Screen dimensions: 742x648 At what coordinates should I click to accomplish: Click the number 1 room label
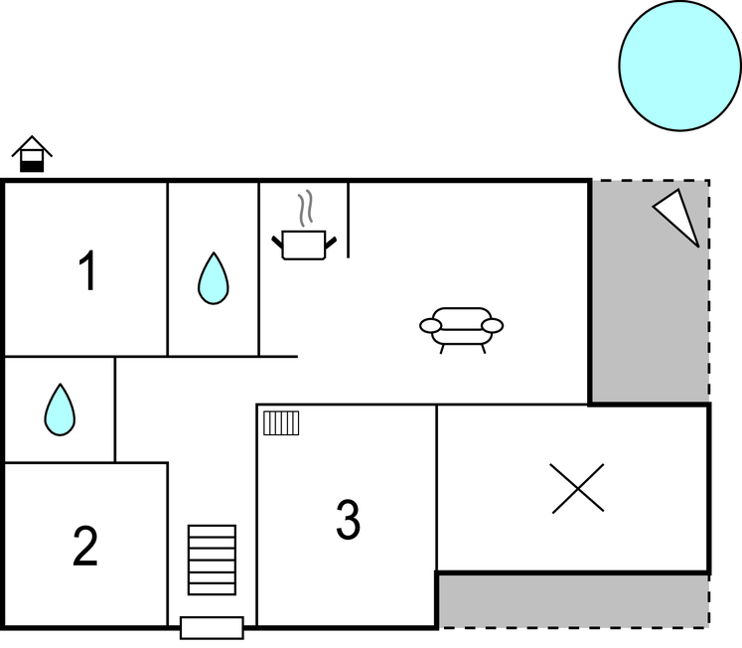coord(88,270)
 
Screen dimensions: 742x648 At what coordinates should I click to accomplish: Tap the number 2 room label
coord(85,546)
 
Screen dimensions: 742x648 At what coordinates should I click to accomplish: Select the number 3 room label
coord(349,519)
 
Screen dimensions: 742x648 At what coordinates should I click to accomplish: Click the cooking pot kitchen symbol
coord(304,244)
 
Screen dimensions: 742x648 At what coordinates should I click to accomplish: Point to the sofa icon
coord(461,330)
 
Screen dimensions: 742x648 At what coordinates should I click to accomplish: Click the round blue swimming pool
coord(680,66)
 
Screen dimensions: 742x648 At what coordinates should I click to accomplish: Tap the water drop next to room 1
coord(213,278)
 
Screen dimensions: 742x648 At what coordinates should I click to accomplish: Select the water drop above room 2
coord(60,409)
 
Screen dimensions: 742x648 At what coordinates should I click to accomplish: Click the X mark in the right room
coord(578,488)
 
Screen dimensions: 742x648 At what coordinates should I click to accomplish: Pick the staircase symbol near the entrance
coord(212,560)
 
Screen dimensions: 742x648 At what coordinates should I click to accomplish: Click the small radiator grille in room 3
coord(281,422)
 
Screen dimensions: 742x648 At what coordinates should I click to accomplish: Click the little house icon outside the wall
coord(32,154)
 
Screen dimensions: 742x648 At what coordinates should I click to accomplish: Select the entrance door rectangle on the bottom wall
coord(212,628)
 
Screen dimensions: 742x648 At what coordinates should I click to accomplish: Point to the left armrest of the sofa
coord(431,325)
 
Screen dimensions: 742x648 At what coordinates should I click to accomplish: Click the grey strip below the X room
coord(572,601)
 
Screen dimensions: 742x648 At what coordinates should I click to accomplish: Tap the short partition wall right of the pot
coord(349,220)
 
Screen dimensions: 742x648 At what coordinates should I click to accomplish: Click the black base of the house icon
coord(32,167)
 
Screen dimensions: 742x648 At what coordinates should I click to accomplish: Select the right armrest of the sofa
coord(492,325)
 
